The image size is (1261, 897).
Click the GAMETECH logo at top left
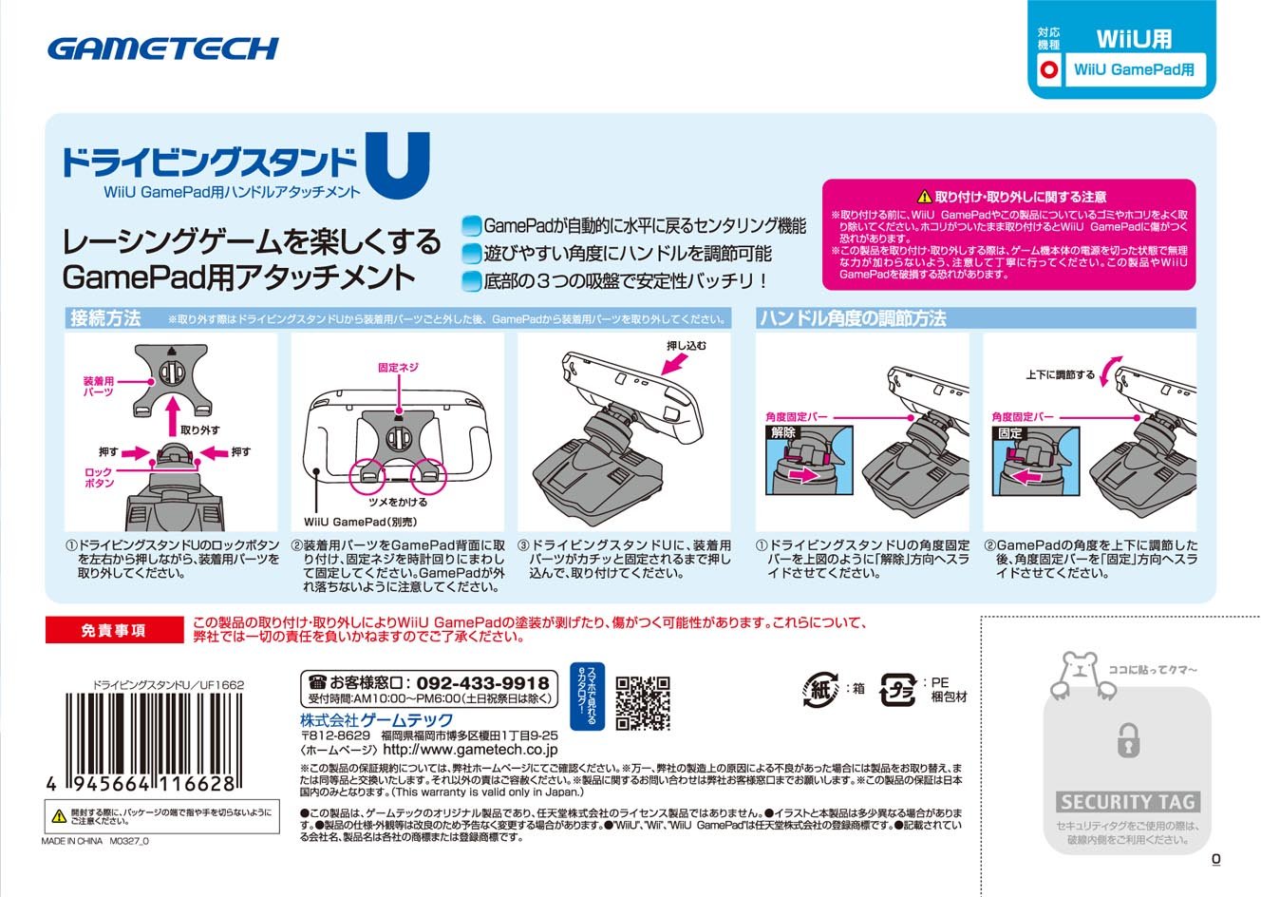[162, 48]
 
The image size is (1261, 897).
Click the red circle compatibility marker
[1048, 69]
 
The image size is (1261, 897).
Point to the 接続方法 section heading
[105, 318]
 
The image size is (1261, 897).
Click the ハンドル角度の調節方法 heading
[853, 318]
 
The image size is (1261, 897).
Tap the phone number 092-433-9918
[482, 683]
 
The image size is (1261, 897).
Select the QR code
[643, 702]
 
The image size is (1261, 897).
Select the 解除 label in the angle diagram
[782, 432]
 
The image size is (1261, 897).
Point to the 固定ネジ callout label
[398, 367]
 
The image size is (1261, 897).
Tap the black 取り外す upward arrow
[172, 410]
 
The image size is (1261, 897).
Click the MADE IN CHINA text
[71, 841]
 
